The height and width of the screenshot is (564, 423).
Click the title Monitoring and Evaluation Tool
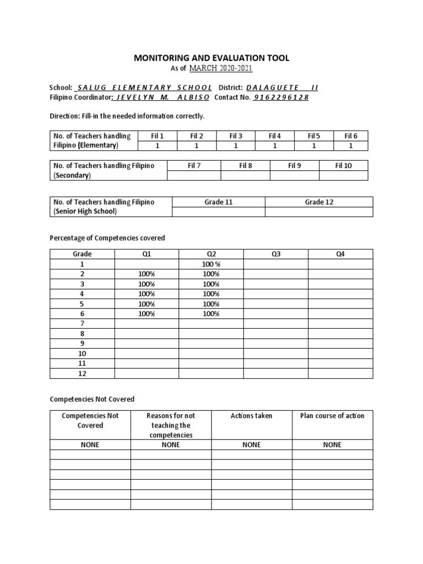pos(211,58)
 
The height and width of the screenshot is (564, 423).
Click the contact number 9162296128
pos(281,97)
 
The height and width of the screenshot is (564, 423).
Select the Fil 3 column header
pos(236,136)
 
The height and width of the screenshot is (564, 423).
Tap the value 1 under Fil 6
pos(351,146)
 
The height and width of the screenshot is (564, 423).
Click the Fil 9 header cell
pos(294,165)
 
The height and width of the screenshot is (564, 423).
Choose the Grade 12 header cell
pos(319,202)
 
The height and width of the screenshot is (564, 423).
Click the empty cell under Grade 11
pos(219,212)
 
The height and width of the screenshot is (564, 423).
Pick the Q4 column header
pos(340,254)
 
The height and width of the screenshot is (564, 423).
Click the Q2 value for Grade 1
pos(211,264)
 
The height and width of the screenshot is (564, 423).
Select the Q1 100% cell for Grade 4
pos(147,294)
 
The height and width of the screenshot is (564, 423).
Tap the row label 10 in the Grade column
pos(82,354)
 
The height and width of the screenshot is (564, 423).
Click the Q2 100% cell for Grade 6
pos(211,314)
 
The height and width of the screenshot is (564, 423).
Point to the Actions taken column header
pos(252,416)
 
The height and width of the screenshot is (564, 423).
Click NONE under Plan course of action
pos(332,444)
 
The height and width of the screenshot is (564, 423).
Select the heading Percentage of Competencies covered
pos(107,238)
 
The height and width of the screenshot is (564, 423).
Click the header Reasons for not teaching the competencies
pos(171,425)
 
